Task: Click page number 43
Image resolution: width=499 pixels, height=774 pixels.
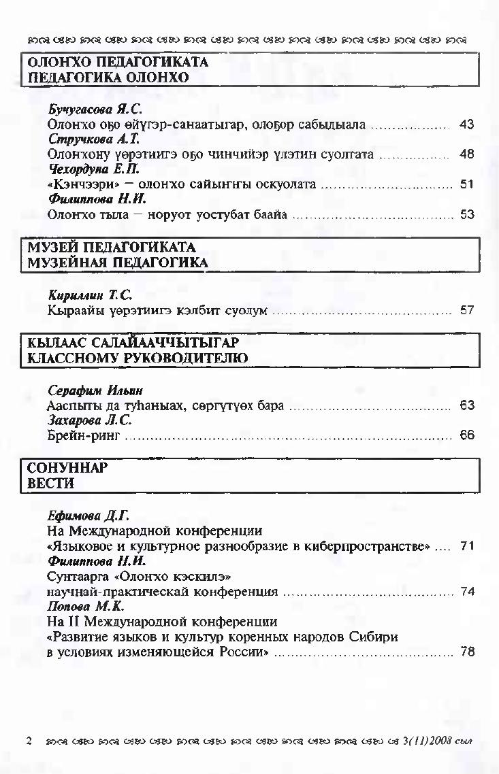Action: tap(466, 125)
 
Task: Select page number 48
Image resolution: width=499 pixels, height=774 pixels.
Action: tap(466, 154)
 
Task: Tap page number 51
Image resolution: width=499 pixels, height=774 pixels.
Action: tap(466, 184)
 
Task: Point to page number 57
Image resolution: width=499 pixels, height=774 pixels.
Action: tap(466, 311)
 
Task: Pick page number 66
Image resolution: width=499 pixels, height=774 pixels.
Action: tap(466, 435)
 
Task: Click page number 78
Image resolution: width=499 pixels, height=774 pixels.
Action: tap(466, 652)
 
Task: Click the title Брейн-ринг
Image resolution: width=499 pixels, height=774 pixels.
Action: tap(83, 435)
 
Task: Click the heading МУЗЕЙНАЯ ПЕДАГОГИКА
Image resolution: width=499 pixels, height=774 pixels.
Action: tap(117, 263)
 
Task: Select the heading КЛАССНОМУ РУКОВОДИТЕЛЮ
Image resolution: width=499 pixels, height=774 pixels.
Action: tap(137, 358)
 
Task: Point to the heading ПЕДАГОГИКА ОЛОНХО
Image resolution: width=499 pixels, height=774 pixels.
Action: tap(108, 78)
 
